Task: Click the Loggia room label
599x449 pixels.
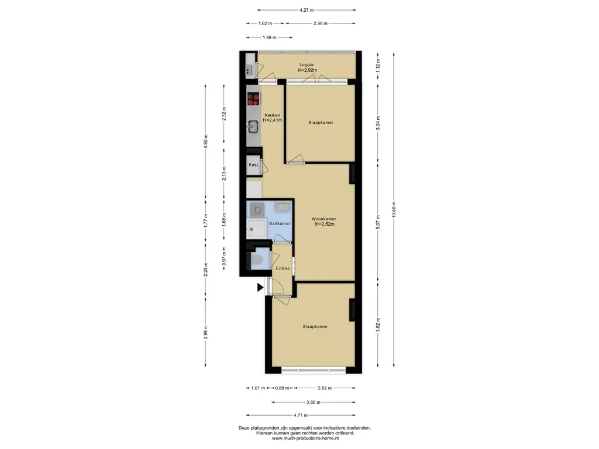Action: click(307, 65)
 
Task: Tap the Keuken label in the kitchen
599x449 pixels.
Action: click(273, 115)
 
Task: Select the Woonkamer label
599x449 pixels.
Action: click(323, 219)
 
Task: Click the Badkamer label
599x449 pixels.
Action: click(280, 223)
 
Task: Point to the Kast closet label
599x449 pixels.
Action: click(253, 164)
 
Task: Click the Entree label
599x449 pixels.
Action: click(283, 268)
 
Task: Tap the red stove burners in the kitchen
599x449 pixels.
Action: click(253, 99)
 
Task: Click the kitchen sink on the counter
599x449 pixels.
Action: click(253, 126)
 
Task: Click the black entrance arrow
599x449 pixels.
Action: click(260, 288)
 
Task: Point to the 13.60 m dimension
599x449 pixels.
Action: click(394, 209)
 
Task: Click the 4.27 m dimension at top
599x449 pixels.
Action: click(307, 11)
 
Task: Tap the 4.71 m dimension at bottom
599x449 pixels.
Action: click(301, 415)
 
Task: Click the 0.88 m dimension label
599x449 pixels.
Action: click(282, 388)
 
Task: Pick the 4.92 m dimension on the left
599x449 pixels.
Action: click(205, 141)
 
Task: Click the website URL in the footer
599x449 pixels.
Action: click(305, 438)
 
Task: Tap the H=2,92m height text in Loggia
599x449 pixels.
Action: click(308, 70)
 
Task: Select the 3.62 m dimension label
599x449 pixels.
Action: click(378, 325)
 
